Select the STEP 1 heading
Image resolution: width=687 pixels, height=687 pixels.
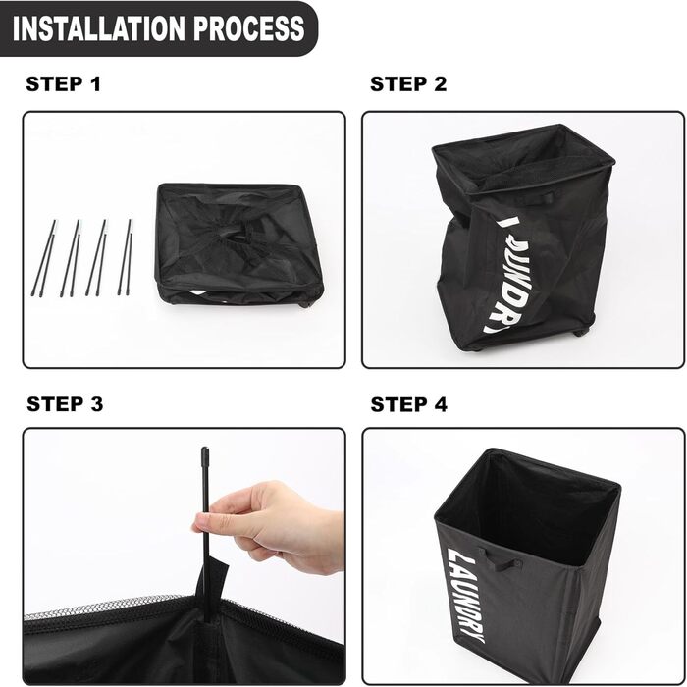(x=64, y=84)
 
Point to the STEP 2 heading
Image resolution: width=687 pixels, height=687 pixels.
(x=408, y=84)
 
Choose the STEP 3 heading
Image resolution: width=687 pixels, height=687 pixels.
(x=65, y=404)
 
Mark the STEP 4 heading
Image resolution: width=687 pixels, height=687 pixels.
(x=408, y=404)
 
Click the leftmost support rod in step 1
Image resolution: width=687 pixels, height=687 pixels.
(x=46, y=257)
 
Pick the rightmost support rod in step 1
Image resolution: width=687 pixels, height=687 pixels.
(x=125, y=257)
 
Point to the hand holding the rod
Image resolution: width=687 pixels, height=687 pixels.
(x=275, y=530)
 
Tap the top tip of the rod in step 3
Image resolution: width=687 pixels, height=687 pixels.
(x=205, y=454)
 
